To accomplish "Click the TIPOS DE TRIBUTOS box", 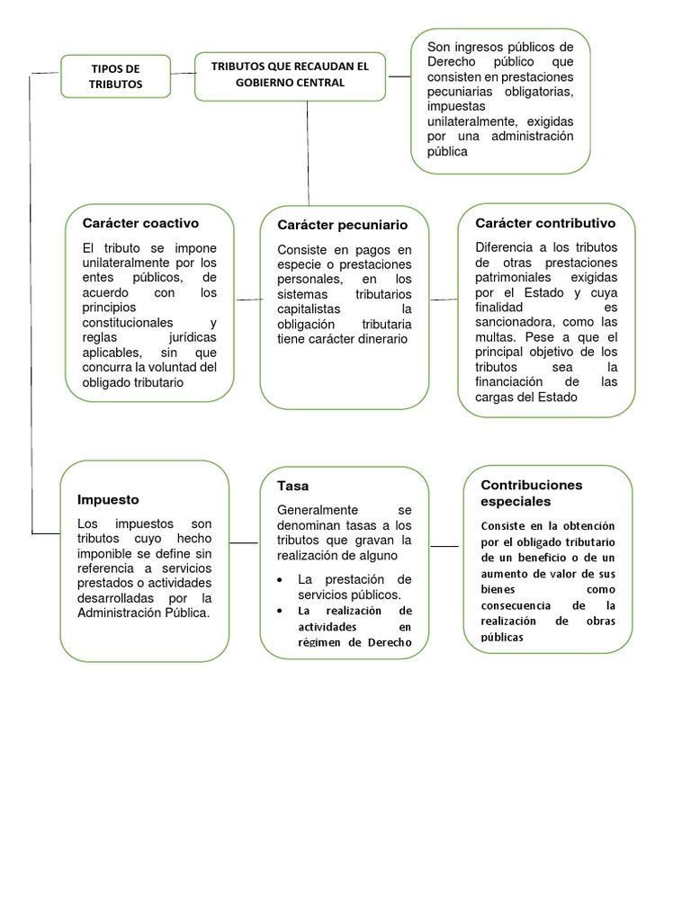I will click(x=115, y=76).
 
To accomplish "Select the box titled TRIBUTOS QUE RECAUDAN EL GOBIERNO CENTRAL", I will click(x=290, y=75).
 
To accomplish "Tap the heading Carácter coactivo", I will click(x=140, y=223).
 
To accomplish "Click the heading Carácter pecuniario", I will click(x=342, y=225).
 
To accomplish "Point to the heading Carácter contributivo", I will click(x=545, y=223).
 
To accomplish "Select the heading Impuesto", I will click(x=108, y=499).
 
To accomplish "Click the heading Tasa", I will click(x=292, y=486).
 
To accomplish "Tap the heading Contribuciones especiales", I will click(x=531, y=493).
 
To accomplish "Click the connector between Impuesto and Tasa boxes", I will click(x=244, y=543).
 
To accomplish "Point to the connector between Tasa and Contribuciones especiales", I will click(x=444, y=546).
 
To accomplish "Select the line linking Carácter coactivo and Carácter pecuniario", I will click(x=247, y=300).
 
